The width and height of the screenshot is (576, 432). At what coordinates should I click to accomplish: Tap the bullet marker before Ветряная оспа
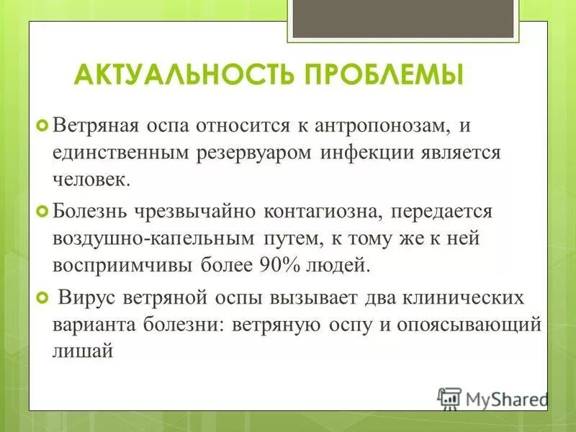coord(42,127)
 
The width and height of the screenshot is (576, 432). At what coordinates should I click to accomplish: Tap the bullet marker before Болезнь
coord(42,212)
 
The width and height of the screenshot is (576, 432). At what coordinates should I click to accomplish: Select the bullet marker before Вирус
coord(42,297)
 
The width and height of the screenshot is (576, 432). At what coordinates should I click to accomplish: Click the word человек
coord(91,179)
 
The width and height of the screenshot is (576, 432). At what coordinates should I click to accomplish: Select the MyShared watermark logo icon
coord(449,397)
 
